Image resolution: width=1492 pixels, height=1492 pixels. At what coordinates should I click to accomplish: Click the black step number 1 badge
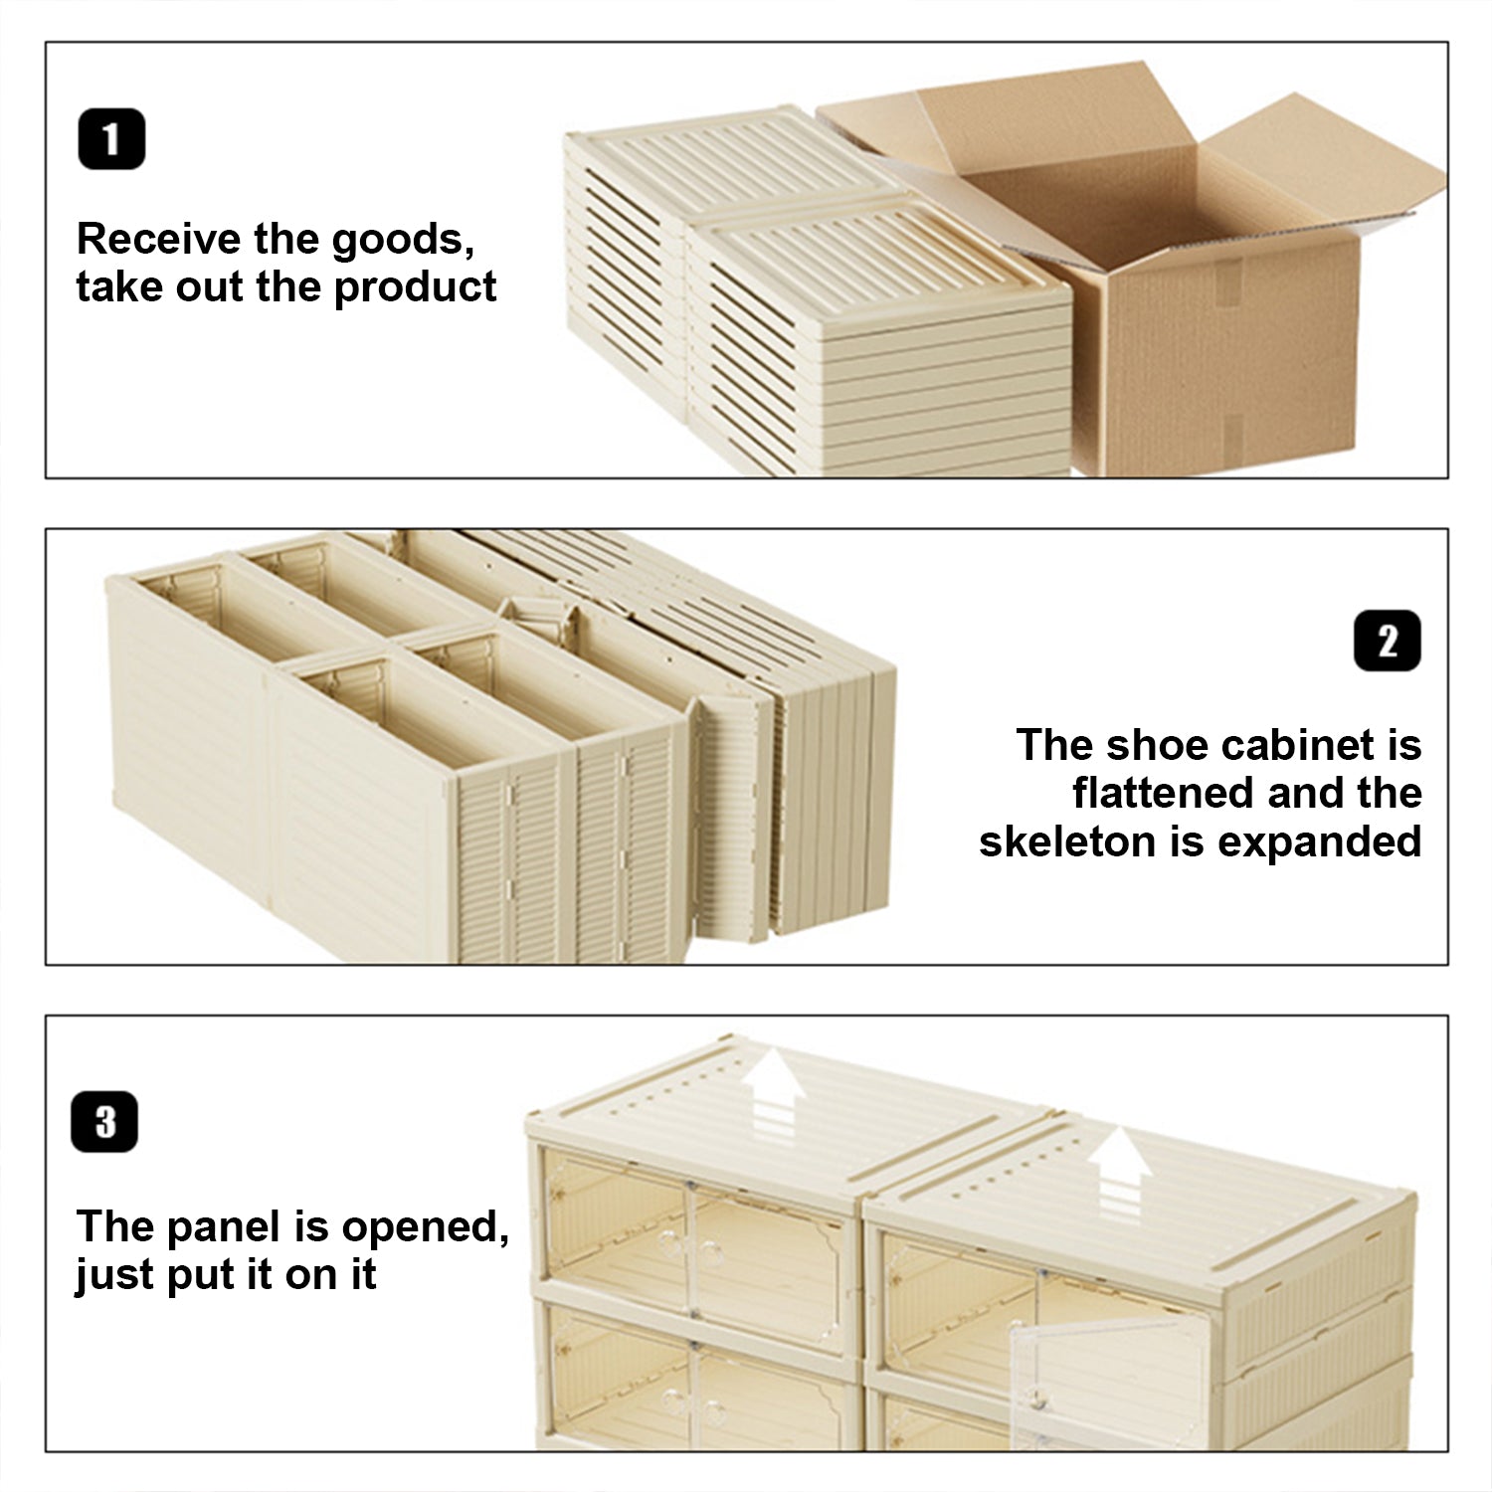(111, 139)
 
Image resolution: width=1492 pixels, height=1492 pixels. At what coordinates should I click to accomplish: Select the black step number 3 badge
(104, 1122)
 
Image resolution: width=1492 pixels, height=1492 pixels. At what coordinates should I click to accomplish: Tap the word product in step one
(415, 288)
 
